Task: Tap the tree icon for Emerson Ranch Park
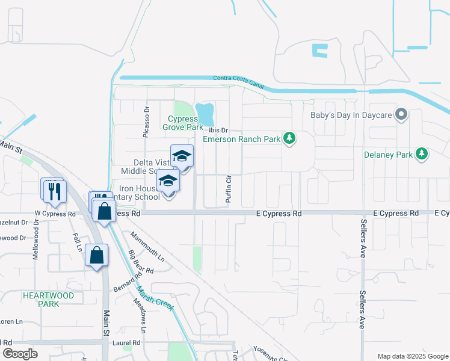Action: pos(290,139)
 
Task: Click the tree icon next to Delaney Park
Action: pos(422,154)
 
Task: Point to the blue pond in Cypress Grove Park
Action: pos(205,112)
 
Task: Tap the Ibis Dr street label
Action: pos(218,130)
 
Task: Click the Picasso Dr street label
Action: pos(146,122)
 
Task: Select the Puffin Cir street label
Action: pos(229,188)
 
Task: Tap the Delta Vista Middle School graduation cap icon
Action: pos(182,157)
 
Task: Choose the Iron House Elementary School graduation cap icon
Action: pos(168,181)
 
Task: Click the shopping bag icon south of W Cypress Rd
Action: pos(96,256)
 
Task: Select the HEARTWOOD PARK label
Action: pos(48,300)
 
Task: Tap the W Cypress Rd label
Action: pos(55,214)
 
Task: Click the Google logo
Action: pos(20,354)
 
